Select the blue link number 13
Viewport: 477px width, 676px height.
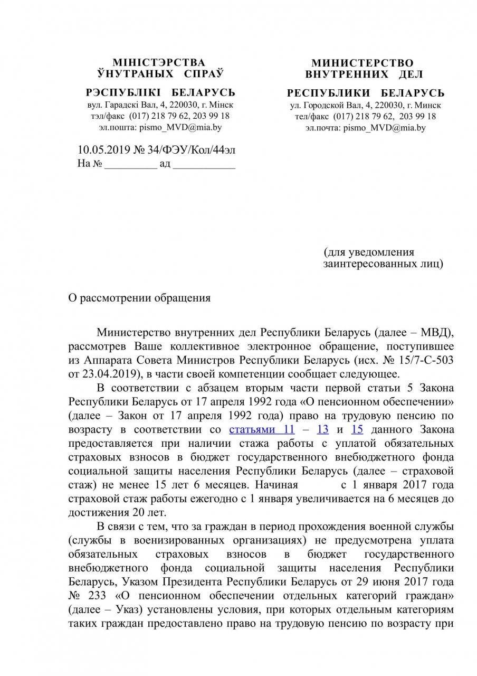pos(322,429)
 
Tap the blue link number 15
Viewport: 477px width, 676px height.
pos(357,429)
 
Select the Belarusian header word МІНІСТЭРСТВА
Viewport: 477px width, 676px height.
pos(159,63)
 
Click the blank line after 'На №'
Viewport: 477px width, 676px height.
pos(131,164)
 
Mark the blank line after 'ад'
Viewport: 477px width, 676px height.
pos(204,164)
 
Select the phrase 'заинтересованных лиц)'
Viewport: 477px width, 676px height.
pos(383,264)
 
